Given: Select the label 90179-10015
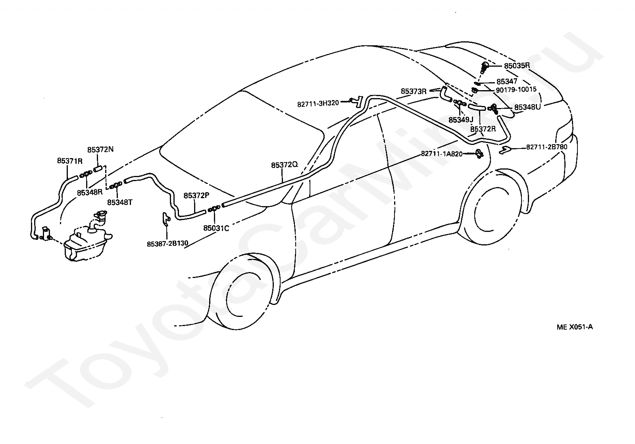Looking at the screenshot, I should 516,90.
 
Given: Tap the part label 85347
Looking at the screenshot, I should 507,81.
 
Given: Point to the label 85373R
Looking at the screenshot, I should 414,91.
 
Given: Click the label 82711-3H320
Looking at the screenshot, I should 317,103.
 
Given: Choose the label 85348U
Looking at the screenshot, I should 527,107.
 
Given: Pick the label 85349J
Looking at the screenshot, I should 461,120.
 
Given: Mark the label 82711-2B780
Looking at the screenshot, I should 546,147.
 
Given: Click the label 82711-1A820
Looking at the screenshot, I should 442,154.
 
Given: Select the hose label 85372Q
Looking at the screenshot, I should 285,165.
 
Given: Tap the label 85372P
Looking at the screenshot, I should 196,195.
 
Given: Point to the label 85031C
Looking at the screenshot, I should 216,228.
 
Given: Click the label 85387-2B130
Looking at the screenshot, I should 167,244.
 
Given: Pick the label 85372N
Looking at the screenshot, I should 100,150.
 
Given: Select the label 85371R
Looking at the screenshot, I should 69,161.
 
